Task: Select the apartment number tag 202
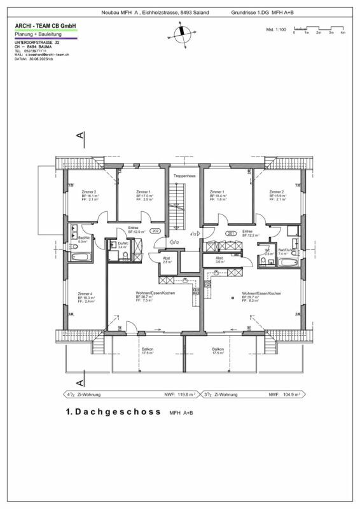155,231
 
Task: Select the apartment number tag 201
230,233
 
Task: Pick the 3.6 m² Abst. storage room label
220,260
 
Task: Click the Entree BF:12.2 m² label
248,234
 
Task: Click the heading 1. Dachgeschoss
111,412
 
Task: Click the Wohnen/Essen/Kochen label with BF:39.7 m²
261,296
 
